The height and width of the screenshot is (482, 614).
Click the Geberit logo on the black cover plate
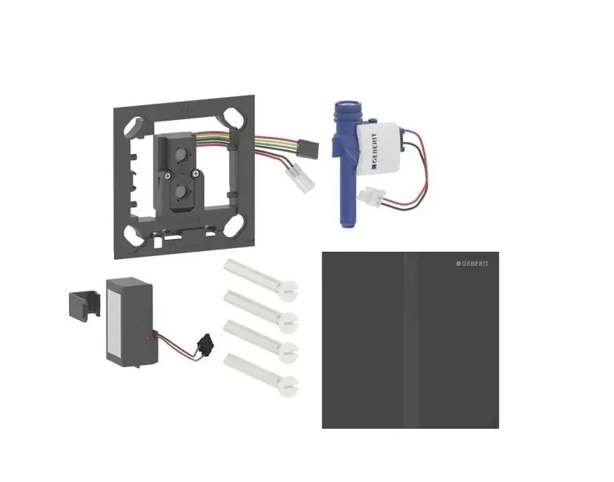[x=473, y=264]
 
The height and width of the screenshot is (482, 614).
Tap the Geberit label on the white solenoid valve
[x=374, y=151]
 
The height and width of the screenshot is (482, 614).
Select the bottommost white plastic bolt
[x=261, y=375]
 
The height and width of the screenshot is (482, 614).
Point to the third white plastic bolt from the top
[x=261, y=341]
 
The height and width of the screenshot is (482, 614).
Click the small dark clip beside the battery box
[x=85, y=304]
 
